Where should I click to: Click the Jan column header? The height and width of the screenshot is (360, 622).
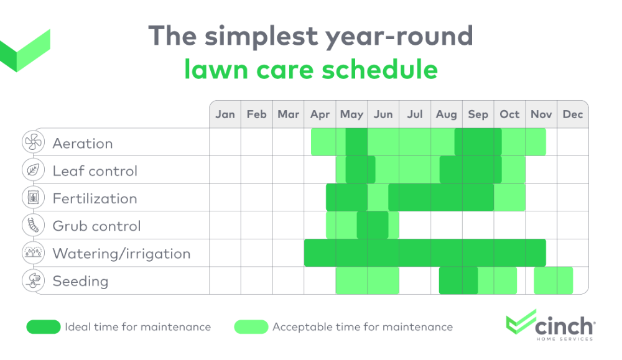coord(225,114)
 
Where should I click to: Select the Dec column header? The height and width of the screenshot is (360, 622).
coord(572,114)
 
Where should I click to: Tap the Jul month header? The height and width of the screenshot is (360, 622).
coord(415,114)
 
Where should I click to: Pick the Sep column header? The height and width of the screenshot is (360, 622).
coord(478,114)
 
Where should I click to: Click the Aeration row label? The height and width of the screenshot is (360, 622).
coord(83,144)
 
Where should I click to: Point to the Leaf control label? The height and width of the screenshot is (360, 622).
coord(95,171)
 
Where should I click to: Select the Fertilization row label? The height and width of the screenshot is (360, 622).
coord(95,199)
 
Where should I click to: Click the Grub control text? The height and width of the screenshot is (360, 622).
coord(96,226)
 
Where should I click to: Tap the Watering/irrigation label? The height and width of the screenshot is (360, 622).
coord(121,254)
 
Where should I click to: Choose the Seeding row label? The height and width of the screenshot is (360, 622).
coord(80,282)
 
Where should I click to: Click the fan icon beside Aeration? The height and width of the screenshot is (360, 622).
coord(32,143)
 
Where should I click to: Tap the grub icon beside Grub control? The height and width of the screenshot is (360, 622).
coord(32,226)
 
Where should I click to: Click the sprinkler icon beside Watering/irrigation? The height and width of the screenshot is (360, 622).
coord(32,253)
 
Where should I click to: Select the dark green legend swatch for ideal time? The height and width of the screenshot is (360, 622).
coord(43,327)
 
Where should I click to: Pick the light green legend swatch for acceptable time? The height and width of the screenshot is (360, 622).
coord(251,327)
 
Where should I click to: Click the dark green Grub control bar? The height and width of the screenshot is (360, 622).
coord(373,225)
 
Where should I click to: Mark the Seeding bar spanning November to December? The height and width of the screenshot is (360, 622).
coord(553,280)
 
